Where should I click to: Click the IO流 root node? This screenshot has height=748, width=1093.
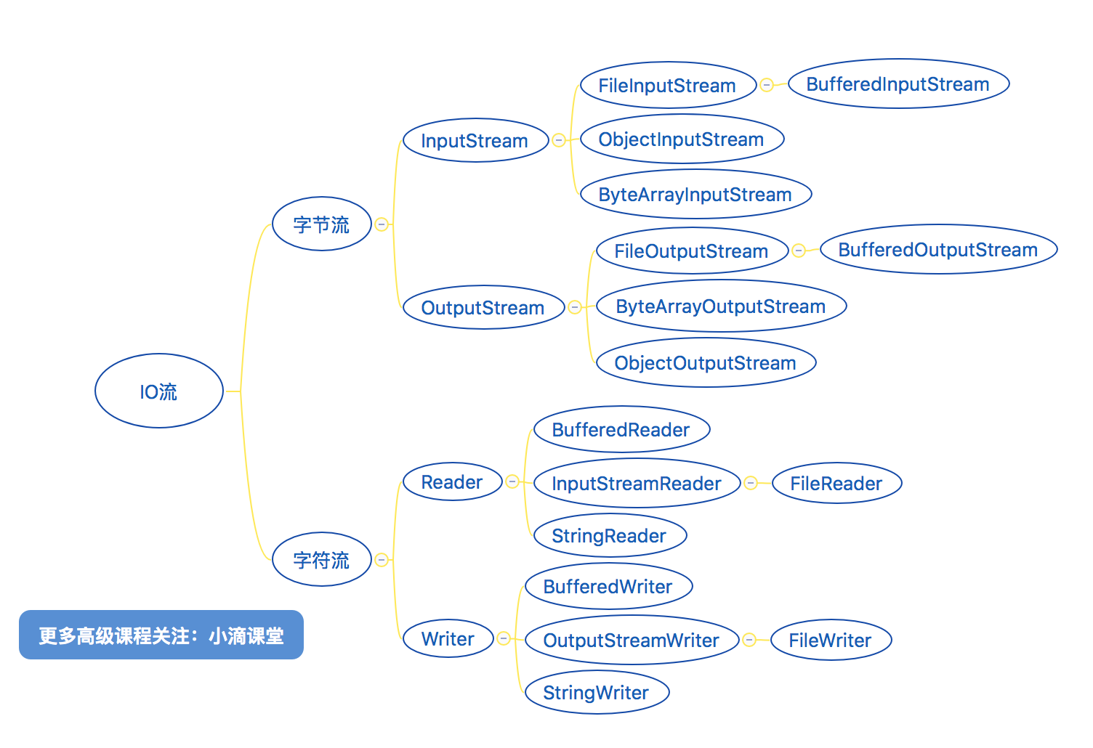point(158,391)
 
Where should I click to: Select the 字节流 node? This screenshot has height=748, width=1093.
point(321,224)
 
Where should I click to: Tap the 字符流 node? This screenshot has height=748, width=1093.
point(321,560)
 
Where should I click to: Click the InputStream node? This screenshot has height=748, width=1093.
point(475,140)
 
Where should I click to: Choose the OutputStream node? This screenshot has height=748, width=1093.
point(483,307)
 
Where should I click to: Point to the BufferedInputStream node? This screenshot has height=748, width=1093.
point(898,84)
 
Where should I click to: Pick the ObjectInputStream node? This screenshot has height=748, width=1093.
point(681,139)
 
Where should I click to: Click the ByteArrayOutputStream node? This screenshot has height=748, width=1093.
point(720,306)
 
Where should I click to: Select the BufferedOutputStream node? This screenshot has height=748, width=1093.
point(937,250)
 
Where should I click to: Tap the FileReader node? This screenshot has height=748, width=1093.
point(836,484)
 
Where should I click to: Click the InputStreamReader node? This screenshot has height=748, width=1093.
point(636,484)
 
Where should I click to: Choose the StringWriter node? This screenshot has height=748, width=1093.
point(596,693)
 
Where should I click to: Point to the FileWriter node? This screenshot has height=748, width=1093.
point(830,641)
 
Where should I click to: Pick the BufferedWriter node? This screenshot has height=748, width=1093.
point(608,587)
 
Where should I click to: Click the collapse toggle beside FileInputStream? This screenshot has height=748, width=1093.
point(767,85)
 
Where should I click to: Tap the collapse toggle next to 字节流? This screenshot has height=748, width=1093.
point(382,224)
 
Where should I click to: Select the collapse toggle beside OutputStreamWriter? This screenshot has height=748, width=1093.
point(749,640)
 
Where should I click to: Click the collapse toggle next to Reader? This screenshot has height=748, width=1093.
point(512,481)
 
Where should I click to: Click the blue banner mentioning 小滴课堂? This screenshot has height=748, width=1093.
point(161,635)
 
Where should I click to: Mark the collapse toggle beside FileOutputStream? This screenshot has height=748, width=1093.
point(799,251)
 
